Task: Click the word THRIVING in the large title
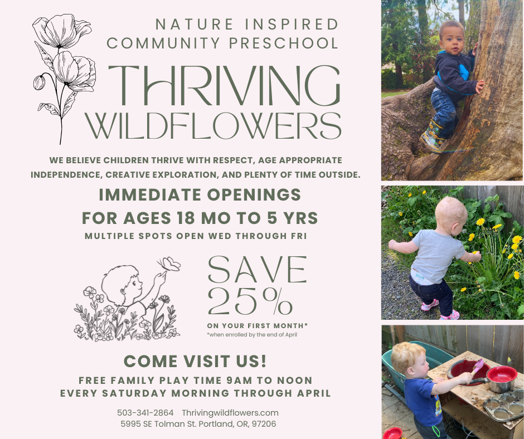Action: (x=223, y=85)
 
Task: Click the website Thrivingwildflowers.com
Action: (x=230, y=413)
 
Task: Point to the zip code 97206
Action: (x=264, y=424)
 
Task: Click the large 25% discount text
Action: (x=250, y=303)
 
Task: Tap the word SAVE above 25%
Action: (x=257, y=270)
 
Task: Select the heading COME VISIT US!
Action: (x=195, y=361)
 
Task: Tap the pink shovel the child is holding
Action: (x=477, y=368)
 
